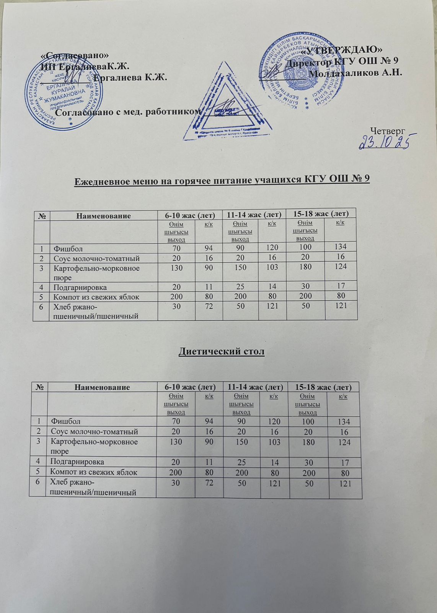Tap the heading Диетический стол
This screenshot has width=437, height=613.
coord(222,351)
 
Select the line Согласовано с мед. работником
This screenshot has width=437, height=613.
coord(128,111)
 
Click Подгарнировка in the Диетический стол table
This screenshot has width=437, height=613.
coord(77,462)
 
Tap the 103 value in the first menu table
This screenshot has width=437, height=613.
coord(272,267)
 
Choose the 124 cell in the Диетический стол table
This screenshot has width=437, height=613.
coord(344,442)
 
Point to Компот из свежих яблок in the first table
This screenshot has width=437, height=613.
coord(96,297)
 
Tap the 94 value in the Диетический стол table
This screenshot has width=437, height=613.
coord(208,422)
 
